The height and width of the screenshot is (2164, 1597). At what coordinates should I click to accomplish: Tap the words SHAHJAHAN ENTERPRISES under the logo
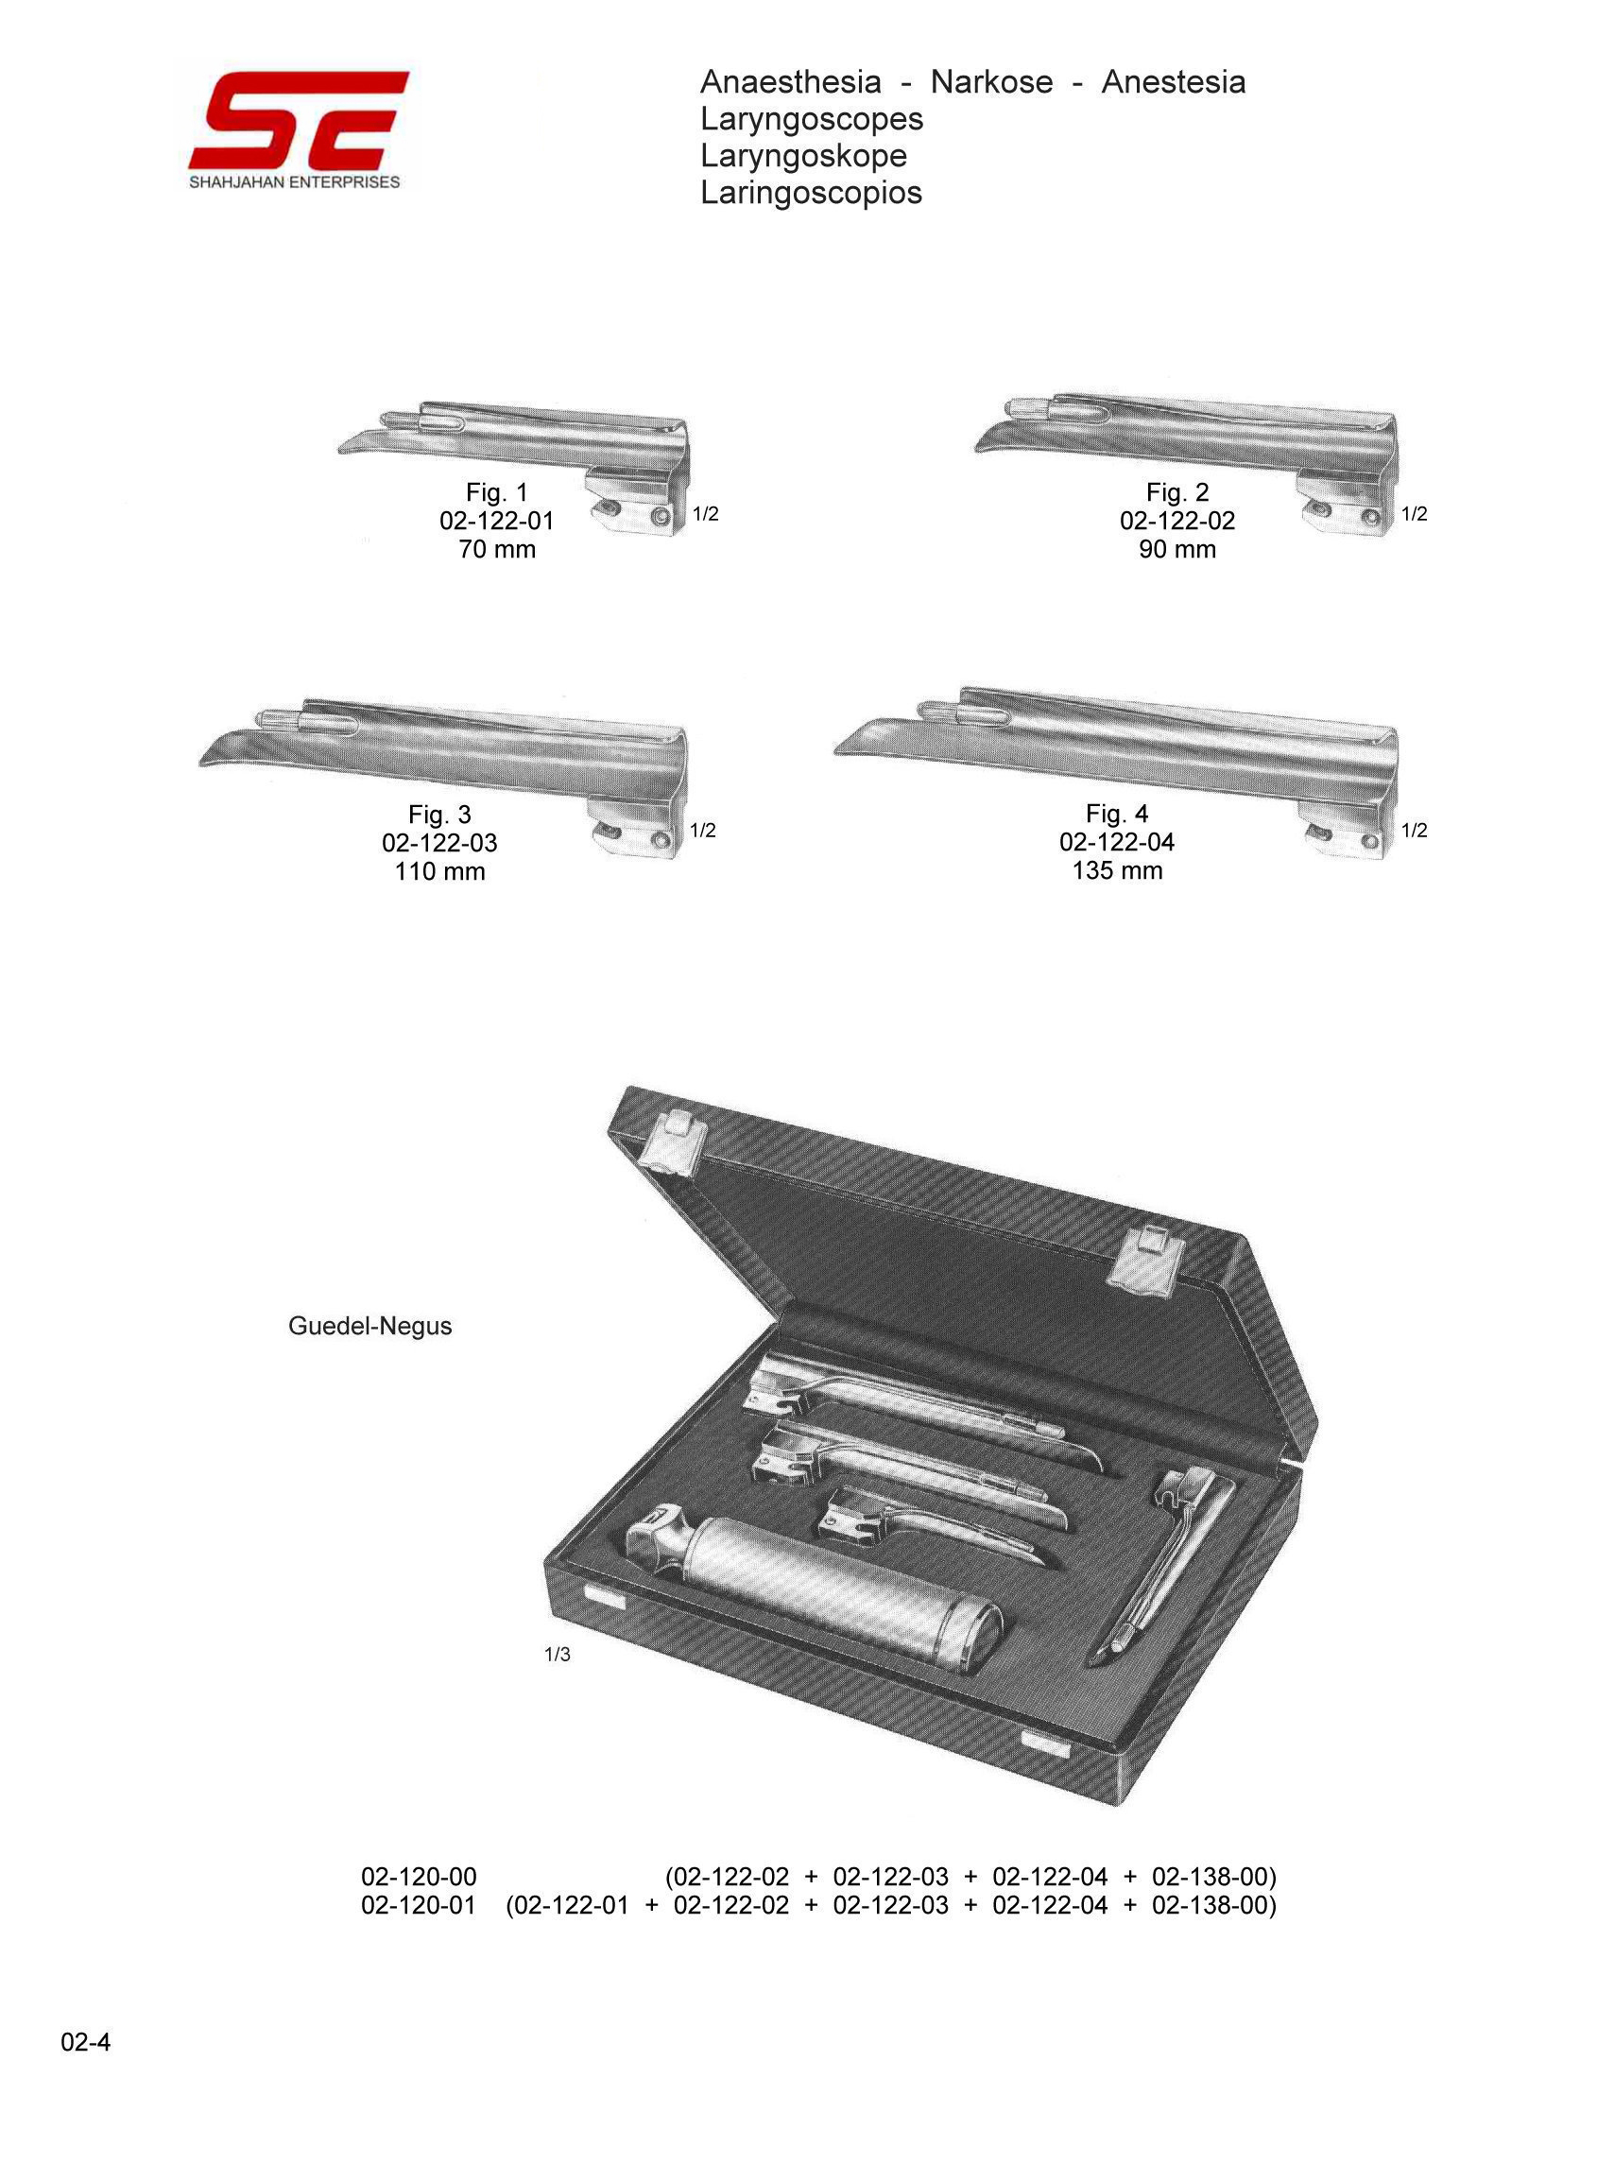(x=295, y=182)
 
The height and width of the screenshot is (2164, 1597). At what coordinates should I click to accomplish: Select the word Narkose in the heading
(x=991, y=82)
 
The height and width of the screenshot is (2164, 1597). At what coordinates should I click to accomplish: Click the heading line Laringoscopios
(x=811, y=193)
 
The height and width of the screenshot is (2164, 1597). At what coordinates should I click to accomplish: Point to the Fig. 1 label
(x=497, y=493)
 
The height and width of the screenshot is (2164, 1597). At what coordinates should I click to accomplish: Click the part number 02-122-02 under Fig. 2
(x=1176, y=521)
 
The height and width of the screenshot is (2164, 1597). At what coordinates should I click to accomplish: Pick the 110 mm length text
(x=439, y=872)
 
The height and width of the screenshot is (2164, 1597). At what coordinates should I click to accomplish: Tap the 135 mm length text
(x=1117, y=871)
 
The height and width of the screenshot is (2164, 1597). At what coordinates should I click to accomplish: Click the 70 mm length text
(x=497, y=550)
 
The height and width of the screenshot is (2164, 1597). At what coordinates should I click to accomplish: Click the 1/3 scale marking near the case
(x=558, y=1655)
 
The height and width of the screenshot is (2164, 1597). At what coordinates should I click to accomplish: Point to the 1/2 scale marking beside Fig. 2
(x=1415, y=514)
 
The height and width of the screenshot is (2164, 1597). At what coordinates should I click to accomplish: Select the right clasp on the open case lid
(x=1146, y=1258)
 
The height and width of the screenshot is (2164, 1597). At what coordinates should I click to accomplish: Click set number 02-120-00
(x=419, y=1877)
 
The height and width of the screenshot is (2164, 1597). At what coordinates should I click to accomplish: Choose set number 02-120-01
(x=419, y=1906)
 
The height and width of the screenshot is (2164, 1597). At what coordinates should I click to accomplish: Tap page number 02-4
(x=86, y=2042)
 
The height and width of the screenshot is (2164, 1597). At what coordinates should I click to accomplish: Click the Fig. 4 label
(x=1117, y=814)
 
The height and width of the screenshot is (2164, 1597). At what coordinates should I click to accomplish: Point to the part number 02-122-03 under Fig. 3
(x=439, y=843)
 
